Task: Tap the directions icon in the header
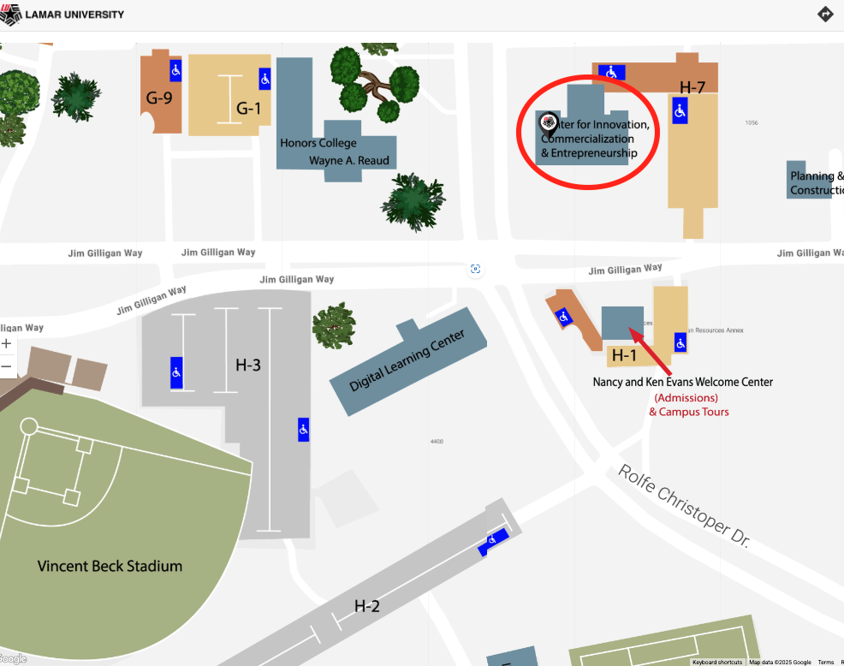[825, 14]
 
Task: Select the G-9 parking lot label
[158, 98]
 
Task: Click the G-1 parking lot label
[248, 108]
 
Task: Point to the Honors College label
[318, 143]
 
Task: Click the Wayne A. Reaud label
[348, 160]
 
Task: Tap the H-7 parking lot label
[692, 86]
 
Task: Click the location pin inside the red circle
[549, 126]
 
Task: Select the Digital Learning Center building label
[407, 360]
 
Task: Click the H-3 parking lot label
[248, 365]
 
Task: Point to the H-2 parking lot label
[366, 606]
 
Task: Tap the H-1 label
[624, 355]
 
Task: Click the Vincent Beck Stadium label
[110, 566]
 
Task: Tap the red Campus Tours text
[688, 412]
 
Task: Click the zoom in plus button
[7, 343]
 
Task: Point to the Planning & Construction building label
[817, 183]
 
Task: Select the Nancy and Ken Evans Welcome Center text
[682, 382]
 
